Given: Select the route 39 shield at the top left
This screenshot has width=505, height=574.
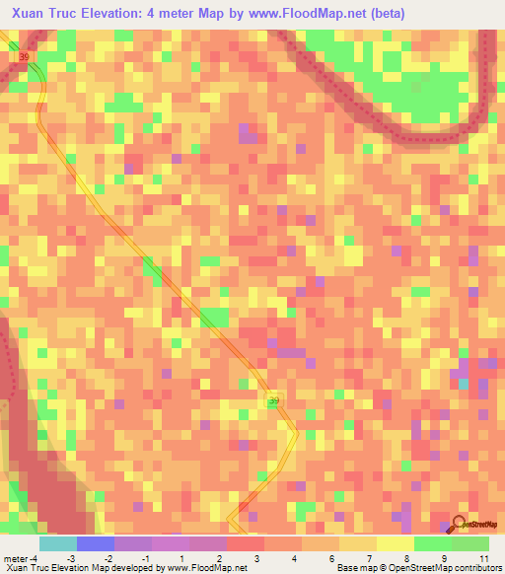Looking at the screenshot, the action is pyautogui.click(x=25, y=58).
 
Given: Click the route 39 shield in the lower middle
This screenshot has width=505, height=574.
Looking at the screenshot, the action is pyautogui.click(x=274, y=400).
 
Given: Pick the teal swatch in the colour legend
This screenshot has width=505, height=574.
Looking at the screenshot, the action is pyautogui.click(x=58, y=543).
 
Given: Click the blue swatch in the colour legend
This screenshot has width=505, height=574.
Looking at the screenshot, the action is pyautogui.click(x=96, y=543).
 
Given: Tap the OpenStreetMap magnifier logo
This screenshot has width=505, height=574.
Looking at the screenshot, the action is pyautogui.click(x=459, y=525).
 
